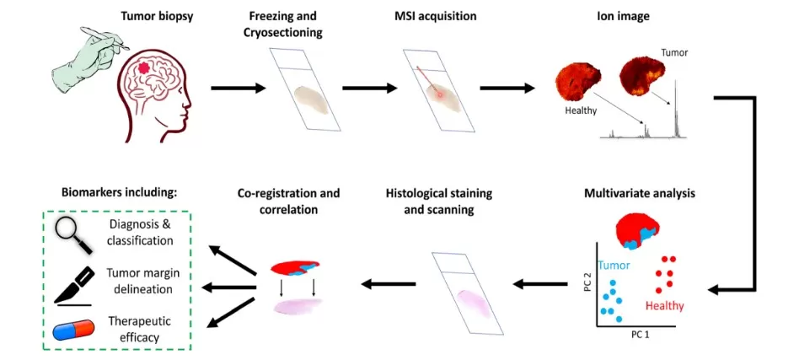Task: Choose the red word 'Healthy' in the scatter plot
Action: (x=664, y=305)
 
